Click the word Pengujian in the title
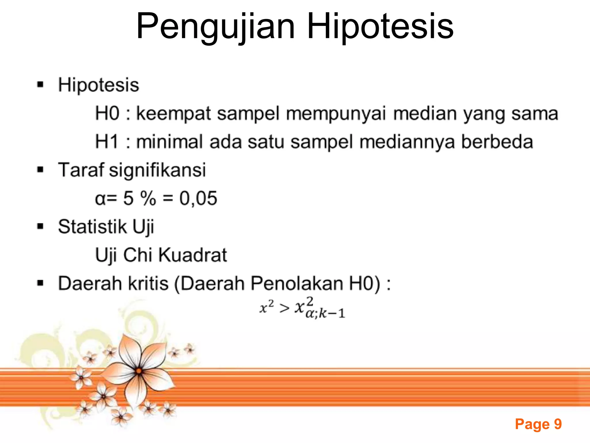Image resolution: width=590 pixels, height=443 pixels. pos(215,27)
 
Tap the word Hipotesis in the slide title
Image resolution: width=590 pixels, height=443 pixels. pos(380,27)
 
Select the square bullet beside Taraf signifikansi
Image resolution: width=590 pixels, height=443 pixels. pos(40,170)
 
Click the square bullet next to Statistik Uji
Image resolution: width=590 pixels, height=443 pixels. pos(40,226)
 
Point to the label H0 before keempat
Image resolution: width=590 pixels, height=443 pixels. pos(107,113)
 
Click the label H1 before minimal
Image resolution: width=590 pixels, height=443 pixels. pos(107,142)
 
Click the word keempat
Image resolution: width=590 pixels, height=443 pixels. pos(173,113)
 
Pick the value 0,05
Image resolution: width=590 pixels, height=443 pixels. pos(198,198)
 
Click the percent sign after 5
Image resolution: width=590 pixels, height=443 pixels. pos(148,198)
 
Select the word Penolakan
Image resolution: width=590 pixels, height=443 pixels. pos(297,283)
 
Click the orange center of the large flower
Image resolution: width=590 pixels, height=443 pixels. pos(139,371)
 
